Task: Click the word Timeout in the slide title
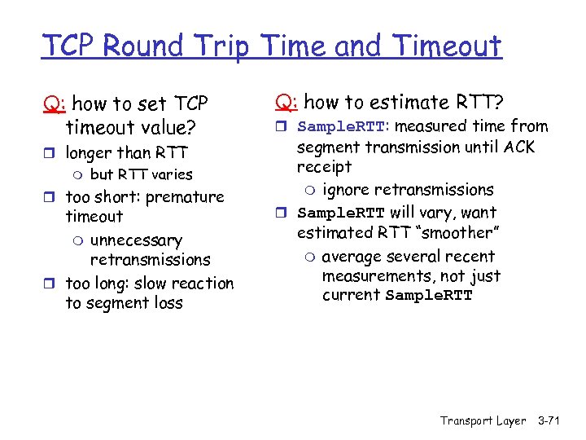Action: click(x=448, y=46)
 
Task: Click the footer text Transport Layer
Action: click(x=483, y=420)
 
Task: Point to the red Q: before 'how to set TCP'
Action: click(x=55, y=104)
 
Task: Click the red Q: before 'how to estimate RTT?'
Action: click(x=286, y=103)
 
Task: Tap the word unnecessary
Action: click(x=136, y=240)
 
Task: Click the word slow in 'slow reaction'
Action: click(x=151, y=284)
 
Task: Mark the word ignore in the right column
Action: click(x=347, y=190)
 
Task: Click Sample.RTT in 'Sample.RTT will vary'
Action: click(x=341, y=213)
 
